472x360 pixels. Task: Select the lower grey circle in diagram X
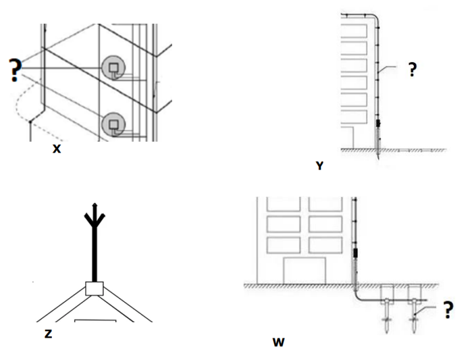click(x=113, y=124)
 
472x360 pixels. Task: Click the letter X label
click(x=57, y=149)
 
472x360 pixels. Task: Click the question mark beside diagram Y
click(x=413, y=70)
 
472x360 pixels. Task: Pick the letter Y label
click(x=319, y=165)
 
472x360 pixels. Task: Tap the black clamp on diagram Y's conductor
click(x=377, y=124)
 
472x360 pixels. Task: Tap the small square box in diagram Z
click(x=95, y=288)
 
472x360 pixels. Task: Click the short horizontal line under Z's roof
click(x=93, y=318)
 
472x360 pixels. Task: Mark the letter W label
click(x=279, y=342)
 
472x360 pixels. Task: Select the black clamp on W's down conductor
click(x=357, y=255)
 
